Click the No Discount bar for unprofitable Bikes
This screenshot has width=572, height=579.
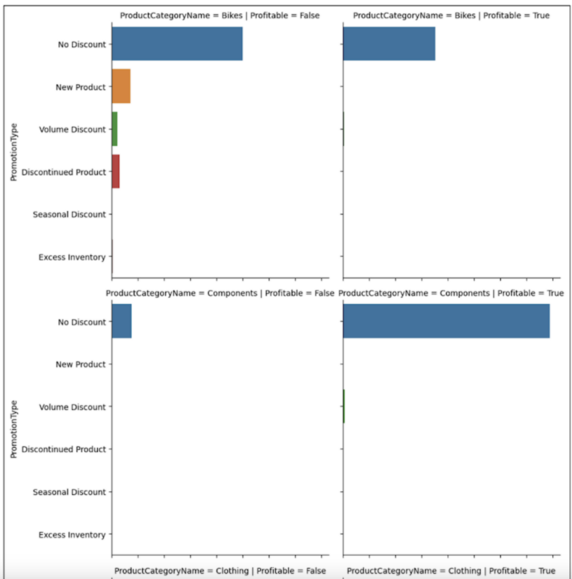[177, 44]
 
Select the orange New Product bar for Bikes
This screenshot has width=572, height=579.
[121, 86]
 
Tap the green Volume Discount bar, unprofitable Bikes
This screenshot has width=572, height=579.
[115, 129]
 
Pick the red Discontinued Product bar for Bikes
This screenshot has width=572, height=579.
[115, 171]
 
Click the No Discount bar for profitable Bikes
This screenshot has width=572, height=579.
[389, 44]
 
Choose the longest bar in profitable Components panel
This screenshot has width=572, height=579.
[446, 321]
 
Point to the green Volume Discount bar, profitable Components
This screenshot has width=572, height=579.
[343, 406]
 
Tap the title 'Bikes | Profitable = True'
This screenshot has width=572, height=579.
[451, 16]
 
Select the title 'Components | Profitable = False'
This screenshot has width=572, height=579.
[220, 293]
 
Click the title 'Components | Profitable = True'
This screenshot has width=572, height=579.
[451, 293]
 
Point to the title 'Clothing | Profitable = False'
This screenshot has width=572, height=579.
[220, 570]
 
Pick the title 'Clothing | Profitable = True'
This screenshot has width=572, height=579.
[451, 570]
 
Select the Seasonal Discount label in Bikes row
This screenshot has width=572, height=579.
[69, 215]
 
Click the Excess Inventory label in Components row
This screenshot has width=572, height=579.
[71, 534]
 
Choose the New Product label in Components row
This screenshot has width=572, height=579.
[80, 364]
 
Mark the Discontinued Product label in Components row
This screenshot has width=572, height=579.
[64, 449]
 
